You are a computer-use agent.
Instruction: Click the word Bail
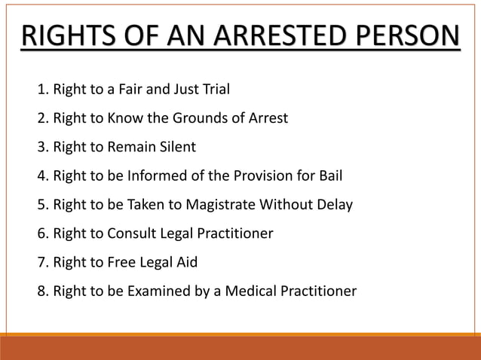point(328,176)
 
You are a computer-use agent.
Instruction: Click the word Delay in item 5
point(335,204)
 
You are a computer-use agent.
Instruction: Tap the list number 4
point(41,176)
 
